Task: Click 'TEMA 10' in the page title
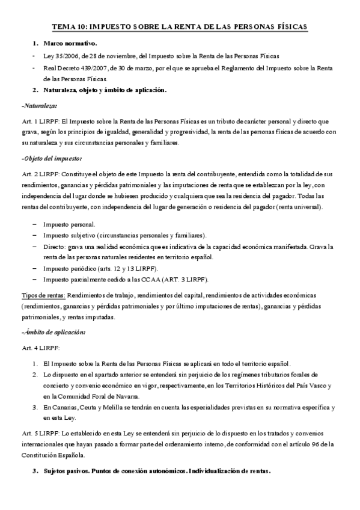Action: (70, 27)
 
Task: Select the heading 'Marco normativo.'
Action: (69, 44)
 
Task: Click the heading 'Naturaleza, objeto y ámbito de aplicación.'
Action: (105, 90)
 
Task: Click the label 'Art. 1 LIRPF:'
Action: (40, 121)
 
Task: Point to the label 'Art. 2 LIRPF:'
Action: (40, 174)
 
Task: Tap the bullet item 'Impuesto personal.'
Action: (69, 223)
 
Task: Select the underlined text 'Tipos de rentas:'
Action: (43, 295)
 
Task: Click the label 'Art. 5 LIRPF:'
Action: (40, 434)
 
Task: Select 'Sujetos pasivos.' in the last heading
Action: (64, 472)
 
